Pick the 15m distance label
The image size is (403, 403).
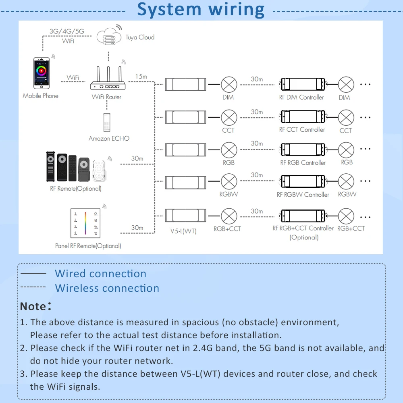(x=141, y=76)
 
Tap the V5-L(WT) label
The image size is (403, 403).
(x=183, y=231)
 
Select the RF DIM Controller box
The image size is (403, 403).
(x=301, y=85)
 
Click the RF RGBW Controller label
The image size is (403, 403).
(x=303, y=195)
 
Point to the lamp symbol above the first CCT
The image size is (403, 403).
(x=229, y=117)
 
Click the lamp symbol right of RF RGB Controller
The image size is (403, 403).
(x=346, y=150)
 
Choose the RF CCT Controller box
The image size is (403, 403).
(x=301, y=117)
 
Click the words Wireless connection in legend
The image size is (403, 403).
(x=107, y=288)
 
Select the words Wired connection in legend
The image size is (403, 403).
(x=100, y=274)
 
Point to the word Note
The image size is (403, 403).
(x=33, y=306)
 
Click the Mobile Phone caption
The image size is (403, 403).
(x=40, y=96)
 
